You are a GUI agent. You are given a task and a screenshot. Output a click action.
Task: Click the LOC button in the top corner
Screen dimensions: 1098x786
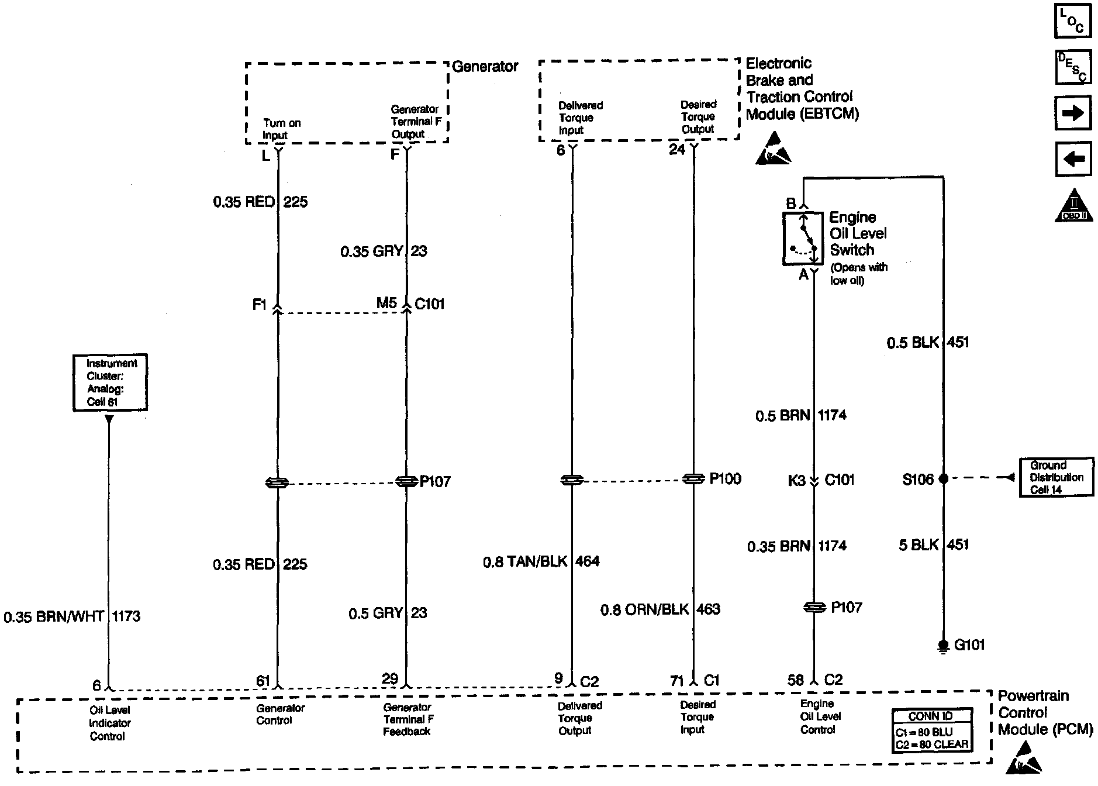(x=1073, y=21)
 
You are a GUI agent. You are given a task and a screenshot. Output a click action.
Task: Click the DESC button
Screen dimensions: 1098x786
(x=1073, y=67)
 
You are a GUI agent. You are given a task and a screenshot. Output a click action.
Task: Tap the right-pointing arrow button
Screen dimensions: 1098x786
(x=1073, y=113)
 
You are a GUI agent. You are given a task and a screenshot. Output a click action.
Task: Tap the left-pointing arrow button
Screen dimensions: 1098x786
(x=1073, y=158)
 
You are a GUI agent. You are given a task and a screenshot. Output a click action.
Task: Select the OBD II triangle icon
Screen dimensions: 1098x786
(x=1073, y=206)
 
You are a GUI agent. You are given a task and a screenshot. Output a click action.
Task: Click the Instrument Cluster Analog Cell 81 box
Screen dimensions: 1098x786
(x=110, y=382)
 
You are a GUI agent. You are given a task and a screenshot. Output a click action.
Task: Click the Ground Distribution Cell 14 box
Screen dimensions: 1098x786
(x=1056, y=477)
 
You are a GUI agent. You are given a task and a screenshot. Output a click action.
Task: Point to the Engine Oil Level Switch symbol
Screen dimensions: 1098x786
(x=803, y=239)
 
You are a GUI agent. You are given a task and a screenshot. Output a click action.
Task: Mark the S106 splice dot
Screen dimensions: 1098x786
(x=943, y=479)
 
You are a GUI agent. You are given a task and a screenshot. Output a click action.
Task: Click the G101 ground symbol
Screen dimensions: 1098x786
(x=942, y=646)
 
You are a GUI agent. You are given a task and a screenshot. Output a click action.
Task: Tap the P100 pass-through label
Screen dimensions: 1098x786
(x=726, y=479)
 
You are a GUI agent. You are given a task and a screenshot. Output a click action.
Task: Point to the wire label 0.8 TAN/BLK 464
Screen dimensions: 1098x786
(x=541, y=561)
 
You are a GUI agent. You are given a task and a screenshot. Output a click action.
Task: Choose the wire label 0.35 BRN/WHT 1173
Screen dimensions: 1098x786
(x=72, y=616)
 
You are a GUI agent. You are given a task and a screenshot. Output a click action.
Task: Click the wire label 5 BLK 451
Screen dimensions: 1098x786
(x=934, y=545)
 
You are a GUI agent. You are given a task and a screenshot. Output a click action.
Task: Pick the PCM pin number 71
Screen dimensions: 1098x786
(x=677, y=681)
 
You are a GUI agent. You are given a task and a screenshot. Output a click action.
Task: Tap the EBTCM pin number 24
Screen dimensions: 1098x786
(x=677, y=150)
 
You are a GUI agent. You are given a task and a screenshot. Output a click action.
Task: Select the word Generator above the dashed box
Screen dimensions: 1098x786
(x=485, y=67)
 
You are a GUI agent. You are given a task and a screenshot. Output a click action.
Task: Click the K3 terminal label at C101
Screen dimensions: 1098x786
(x=797, y=480)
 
